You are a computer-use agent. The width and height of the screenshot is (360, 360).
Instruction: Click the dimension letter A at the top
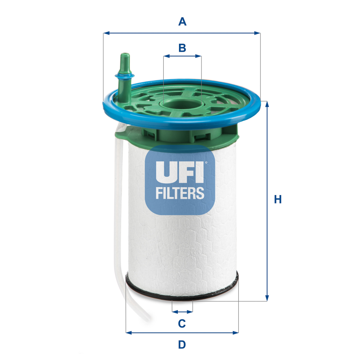point(182,21)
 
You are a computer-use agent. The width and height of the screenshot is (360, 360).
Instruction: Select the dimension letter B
point(182,48)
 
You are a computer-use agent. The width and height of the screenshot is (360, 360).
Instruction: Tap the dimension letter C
point(182,323)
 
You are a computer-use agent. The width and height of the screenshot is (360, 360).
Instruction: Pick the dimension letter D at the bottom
point(182,345)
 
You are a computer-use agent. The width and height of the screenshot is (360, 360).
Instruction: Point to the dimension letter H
point(278,199)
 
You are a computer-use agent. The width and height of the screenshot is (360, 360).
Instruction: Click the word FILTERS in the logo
point(180,193)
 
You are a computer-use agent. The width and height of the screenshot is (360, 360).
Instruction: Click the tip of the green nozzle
point(125,54)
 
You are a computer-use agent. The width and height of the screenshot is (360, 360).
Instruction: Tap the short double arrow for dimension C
point(182,312)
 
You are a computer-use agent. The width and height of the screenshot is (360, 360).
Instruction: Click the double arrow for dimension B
point(182,56)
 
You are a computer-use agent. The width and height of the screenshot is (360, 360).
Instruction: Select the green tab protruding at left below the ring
point(121,135)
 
